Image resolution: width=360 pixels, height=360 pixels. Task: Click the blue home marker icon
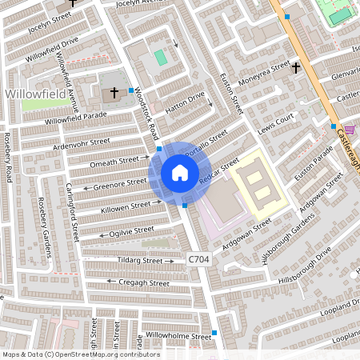tap(179, 173)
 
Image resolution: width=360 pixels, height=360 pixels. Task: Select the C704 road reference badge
tap(200, 260)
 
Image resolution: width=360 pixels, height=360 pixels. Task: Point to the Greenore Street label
tap(120, 183)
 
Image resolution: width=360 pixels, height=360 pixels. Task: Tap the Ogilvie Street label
tap(131, 231)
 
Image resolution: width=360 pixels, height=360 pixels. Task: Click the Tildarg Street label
tap(140, 261)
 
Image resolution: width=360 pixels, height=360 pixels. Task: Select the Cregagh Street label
tap(143, 282)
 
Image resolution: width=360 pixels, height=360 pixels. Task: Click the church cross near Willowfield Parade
tap(114, 92)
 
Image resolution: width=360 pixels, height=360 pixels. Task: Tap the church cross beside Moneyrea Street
tap(296, 68)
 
